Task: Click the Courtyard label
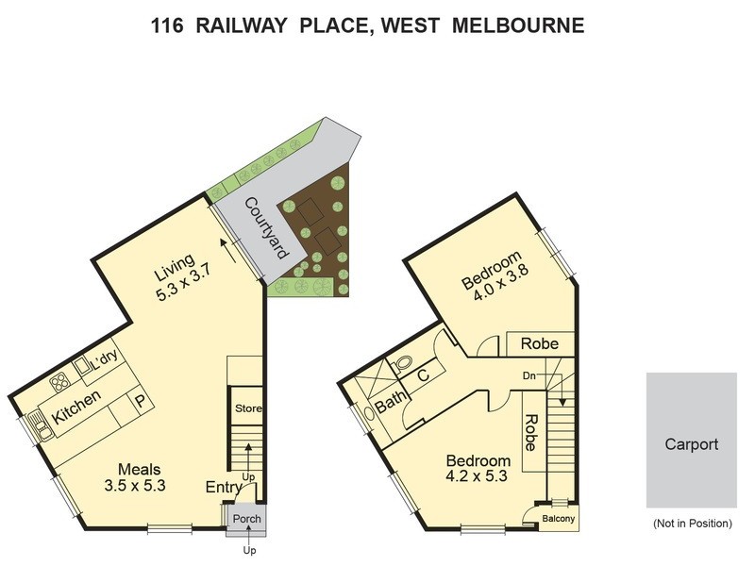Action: pyautogui.click(x=266, y=228)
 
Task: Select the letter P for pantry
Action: pyautogui.click(x=140, y=401)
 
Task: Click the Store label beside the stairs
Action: pyautogui.click(x=248, y=408)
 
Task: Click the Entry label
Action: pyautogui.click(x=224, y=488)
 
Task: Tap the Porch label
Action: pyautogui.click(x=247, y=519)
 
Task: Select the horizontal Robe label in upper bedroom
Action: pyautogui.click(x=539, y=344)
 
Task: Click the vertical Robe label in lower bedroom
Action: pyautogui.click(x=530, y=431)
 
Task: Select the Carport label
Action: pyautogui.click(x=691, y=444)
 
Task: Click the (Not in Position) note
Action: pyautogui.click(x=691, y=523)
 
